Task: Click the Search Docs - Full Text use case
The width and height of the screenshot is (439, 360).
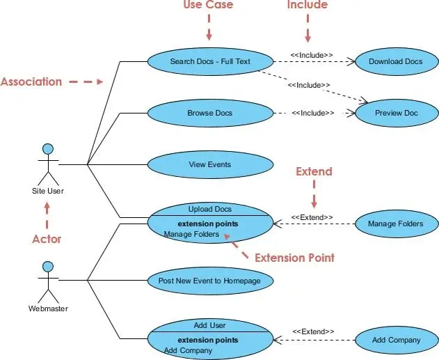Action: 209,61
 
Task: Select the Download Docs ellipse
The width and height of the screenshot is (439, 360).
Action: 395,61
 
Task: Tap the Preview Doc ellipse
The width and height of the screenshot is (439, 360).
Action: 397,113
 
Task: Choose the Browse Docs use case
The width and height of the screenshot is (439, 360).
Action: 209,113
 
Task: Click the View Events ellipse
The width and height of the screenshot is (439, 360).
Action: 209,165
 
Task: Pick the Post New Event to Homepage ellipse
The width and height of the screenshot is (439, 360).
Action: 209,281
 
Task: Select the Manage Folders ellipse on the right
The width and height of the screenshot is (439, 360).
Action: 397,224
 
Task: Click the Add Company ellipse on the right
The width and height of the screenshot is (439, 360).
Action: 397,340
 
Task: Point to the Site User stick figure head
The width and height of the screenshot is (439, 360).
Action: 47,148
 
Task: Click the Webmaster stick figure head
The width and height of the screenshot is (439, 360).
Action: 47,266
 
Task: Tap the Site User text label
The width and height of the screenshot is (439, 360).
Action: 47,189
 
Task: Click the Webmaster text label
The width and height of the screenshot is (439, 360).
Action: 47,307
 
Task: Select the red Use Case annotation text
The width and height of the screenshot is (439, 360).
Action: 208,6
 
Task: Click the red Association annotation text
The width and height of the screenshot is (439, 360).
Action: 31,81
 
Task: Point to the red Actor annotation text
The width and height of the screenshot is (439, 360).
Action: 47,239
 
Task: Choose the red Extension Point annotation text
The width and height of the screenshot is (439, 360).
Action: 294,258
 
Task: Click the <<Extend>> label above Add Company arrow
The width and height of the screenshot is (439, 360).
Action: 313,331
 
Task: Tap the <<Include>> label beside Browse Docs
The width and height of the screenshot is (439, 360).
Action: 312,113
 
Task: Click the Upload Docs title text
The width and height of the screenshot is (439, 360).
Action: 209,208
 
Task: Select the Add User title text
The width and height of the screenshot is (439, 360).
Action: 209,325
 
